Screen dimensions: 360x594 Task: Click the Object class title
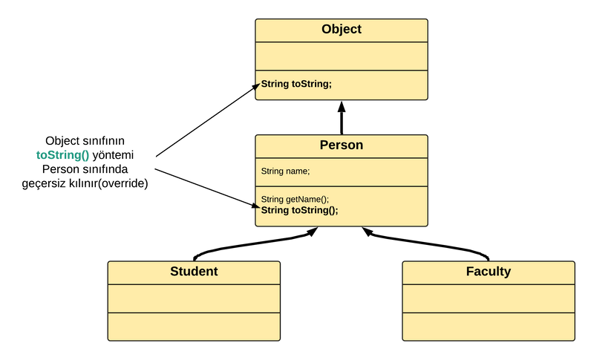(x=342, y=30)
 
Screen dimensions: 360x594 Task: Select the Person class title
(x=342, y=145)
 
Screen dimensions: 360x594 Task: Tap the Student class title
(x=194, y=272)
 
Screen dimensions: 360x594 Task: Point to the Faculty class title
(x=489, y=272)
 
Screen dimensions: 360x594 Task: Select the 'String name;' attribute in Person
(x=286, y=171)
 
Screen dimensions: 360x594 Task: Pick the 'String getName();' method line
(x=295, y=199)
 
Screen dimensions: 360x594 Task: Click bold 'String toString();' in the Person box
(x=299, y=210)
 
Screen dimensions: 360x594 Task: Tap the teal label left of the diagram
(x=62, y=155)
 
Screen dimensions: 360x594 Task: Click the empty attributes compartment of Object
(x=342, y=56)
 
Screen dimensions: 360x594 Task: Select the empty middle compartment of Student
(x=194, y=298)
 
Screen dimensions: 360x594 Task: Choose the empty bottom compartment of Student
(x=194, y=327)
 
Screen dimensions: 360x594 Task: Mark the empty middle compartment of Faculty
(x=489, y=298)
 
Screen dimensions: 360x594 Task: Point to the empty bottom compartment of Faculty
(x=489, y=327)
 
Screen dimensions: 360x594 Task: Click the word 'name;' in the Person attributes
(x=298, y=171)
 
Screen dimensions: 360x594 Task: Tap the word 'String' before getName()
(x=272, y=199)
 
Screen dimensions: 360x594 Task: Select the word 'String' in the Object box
(x=275, y=84)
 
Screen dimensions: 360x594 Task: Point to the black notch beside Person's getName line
(x=257, y=203)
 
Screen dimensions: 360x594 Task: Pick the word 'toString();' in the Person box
(x=315, y=210)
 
